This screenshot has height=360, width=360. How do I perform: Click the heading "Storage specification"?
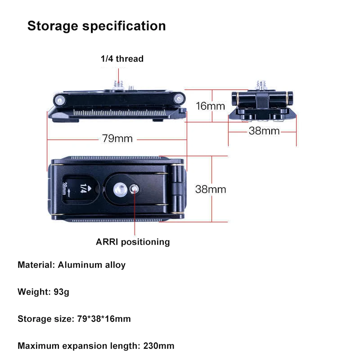96,26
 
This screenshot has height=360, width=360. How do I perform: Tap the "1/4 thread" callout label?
121,58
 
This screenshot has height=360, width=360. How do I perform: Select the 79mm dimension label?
117,138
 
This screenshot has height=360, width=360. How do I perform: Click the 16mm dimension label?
210,106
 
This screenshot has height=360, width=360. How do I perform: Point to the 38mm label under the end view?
264,131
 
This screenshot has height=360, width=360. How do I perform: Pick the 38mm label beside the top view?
211,189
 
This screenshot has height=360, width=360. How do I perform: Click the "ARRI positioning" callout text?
133,242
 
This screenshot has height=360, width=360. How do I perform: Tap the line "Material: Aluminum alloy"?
72,265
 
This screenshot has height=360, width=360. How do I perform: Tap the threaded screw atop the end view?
261,85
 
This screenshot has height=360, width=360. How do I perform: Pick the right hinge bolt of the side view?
180,97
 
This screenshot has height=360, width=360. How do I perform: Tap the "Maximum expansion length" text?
79,346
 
